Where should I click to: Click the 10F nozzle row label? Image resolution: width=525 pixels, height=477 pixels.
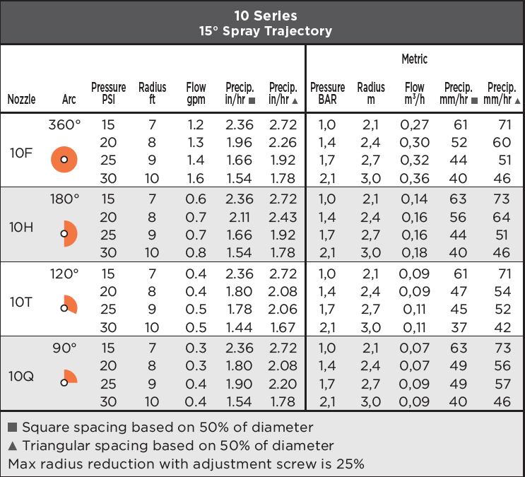tap(21, 153)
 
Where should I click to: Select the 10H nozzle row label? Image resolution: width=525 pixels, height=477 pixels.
tap(21, 228)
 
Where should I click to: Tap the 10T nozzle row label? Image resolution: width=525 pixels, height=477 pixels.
tap(21, 302)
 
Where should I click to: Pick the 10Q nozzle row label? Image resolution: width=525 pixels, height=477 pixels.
tap(21, 377)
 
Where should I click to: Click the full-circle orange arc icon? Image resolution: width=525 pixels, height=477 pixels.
tap(64, 160)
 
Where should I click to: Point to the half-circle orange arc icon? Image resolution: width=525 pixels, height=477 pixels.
tap(71, 234)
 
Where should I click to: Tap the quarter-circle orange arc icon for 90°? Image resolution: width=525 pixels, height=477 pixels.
tap(71, 377)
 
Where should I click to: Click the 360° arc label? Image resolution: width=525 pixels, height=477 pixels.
tap(64, 125)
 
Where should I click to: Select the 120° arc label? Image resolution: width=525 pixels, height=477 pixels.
tap(64, 274)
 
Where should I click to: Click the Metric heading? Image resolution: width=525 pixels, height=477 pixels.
tap(415, 59)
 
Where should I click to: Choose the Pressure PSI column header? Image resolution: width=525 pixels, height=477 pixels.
tap(109, 93)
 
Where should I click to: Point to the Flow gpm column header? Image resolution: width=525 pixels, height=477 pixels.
tap(196, 93)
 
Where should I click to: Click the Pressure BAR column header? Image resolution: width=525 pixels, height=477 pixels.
tap(327, 93)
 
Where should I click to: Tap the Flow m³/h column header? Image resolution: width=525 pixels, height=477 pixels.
tap(415, 93)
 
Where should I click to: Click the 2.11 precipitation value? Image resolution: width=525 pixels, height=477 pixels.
tap(239, 218)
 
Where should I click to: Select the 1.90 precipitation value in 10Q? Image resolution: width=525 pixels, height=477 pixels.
tap(239, 384)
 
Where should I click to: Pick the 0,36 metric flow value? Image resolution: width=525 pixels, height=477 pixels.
tap(415, 178)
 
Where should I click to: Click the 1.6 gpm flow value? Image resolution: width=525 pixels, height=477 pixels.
tap(196, 178)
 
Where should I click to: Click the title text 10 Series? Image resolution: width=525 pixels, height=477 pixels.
tap(266, 16)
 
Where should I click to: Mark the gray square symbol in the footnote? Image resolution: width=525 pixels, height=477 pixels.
tap(13, 427)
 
